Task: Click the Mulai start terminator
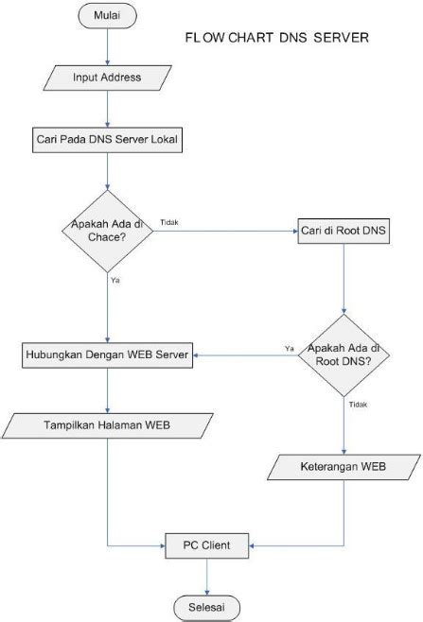110,16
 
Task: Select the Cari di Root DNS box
343,230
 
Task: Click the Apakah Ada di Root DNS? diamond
344,355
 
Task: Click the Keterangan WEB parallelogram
344,466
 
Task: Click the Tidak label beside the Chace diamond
170,222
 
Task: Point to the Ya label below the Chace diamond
115,280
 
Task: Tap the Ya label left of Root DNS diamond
289,349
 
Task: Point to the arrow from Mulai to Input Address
110,45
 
